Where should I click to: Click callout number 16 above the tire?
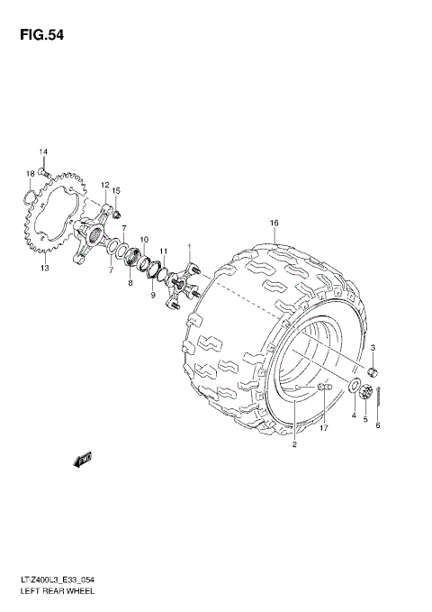(274, 223)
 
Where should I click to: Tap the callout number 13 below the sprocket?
(44, 268)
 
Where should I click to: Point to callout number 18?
(30, 173)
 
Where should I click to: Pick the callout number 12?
(105, 185)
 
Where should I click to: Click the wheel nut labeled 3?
(373, 372)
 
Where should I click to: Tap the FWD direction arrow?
(83, 460)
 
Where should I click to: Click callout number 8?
(130, 282)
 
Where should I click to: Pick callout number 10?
(144, 239)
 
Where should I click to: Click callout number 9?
(152, 296)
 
